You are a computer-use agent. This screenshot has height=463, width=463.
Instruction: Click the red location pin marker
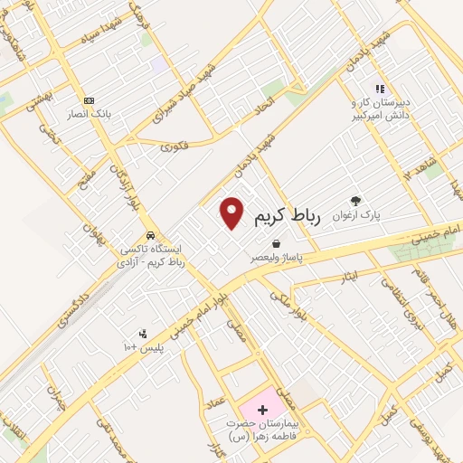(233, 212)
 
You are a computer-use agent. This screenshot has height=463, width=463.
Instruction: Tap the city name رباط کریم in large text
(288, 218)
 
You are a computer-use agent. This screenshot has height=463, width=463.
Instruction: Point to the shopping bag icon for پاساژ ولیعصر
(275, 243)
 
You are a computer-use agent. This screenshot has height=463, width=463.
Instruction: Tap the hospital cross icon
(262, 410)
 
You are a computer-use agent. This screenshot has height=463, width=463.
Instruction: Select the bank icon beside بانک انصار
(89, 100)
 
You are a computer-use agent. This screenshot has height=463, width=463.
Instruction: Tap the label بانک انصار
(87, 115)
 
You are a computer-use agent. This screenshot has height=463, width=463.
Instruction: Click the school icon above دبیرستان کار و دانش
(380, 89)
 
